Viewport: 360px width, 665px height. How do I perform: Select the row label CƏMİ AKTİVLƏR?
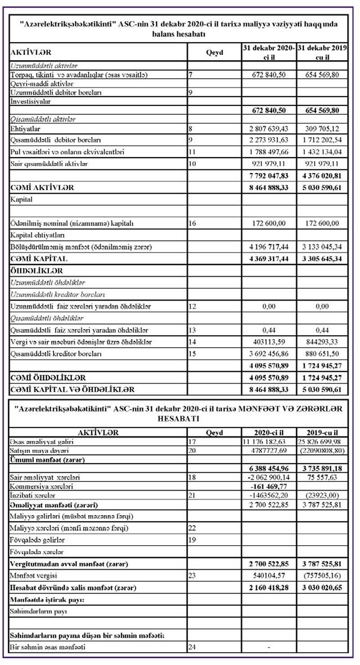[42, 187]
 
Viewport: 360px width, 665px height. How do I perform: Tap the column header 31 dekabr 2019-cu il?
[322, 52]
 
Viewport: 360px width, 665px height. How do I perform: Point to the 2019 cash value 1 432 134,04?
[322, 152]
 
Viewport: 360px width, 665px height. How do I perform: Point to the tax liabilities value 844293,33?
[322, 342]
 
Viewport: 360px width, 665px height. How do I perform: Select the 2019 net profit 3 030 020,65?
[322, 588]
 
